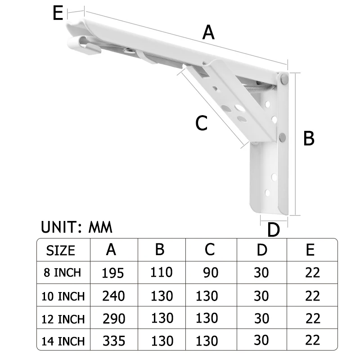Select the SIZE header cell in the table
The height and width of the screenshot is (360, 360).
click(x=61, y=250)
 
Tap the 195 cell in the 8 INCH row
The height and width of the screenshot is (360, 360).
click(x=112, y=273)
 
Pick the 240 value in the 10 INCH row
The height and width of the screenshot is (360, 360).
click(x=112, y=296)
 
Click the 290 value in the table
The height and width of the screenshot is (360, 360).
click(x=112, y=319)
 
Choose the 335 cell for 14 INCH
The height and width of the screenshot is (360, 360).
click(x=112, y=341)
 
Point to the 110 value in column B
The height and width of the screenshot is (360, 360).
click(x=161, y=272)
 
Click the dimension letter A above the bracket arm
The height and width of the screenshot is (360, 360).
click(x=208, y=32)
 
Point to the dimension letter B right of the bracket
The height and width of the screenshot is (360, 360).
click(x=309, y=138)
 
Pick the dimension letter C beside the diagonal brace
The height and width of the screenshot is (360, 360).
click(x=201, y=123)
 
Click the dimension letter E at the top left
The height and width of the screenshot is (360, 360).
click(x=58, y=13)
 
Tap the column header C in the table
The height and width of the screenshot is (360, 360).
click(x=210, y=249)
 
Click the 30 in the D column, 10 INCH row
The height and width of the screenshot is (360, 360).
click(x=261, y=296)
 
